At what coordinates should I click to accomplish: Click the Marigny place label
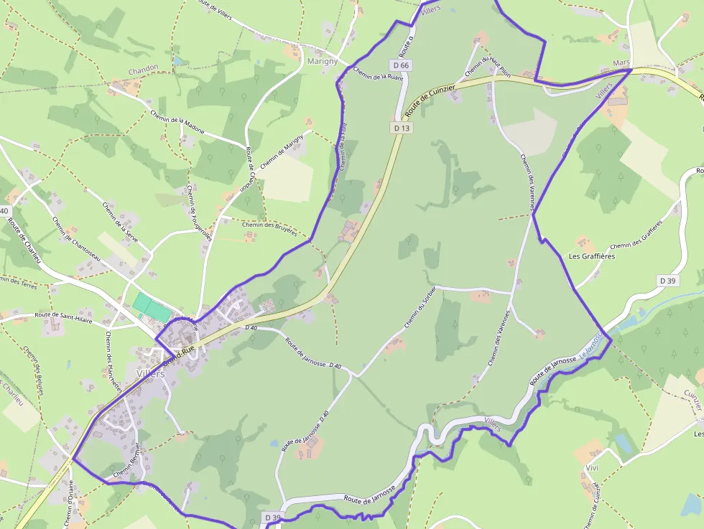coord(323,61)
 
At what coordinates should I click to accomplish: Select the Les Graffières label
coord(591,256)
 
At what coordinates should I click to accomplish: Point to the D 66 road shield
coord(404,65)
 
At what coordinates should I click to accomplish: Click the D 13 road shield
coord(402,128)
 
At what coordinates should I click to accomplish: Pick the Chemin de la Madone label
coord(177,121)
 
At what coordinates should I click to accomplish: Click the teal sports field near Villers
coord(152,307)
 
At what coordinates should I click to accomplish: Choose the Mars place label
coord(621,63)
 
